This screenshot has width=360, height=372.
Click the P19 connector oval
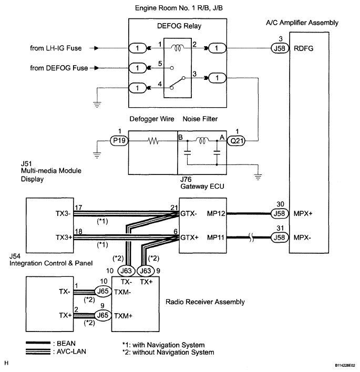(x=119, y=141)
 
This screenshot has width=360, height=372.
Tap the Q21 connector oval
(x=236, y=141)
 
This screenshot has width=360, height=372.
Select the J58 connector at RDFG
(x=280, y=48)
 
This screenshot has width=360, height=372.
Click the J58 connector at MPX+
(x=280, y=213)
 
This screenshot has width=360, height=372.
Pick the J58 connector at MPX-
(x=280, y=237)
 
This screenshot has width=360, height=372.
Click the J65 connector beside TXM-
(x=103, y=291)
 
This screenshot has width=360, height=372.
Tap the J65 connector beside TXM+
(x=103, y=315)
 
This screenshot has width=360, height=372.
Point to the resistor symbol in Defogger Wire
(x=153, y=141)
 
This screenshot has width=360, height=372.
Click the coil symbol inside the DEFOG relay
(x=178, y=48)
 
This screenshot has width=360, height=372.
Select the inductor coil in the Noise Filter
(x=202, y=140)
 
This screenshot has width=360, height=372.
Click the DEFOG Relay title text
(x=179, y=26)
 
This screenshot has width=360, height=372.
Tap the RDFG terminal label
(x=304, y=48)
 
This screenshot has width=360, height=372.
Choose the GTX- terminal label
(x=189, y=213)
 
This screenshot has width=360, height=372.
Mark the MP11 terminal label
(x=215, y=237)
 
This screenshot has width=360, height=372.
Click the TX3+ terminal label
(x=64, y=237)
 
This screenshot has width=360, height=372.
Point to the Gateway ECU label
(x=202, y=186)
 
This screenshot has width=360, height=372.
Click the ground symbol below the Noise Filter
(x=258, y=177)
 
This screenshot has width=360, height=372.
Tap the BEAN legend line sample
(x=38, y=343)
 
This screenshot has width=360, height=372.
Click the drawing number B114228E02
(x=345, y=365)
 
